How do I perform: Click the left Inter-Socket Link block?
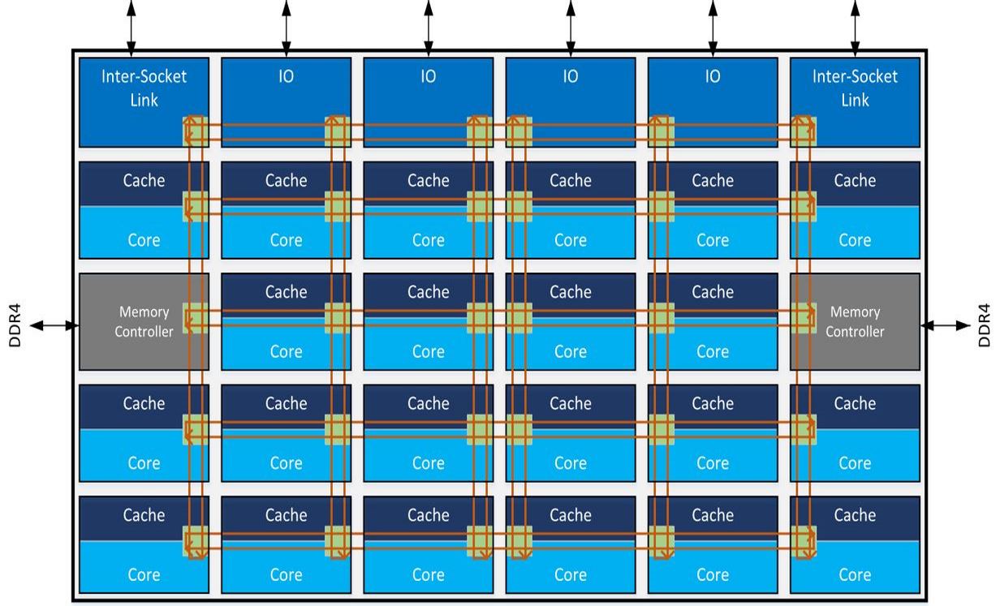pos(144,88)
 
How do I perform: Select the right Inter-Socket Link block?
pos(855,88)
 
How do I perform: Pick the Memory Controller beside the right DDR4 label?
pos(855,321)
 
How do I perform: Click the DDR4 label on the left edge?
pos(15,325)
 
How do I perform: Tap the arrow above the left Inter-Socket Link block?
pos(131,24)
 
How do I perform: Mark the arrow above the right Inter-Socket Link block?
pos(855,24)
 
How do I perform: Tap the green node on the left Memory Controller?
pos(196,318)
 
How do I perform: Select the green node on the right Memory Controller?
pos(804,318)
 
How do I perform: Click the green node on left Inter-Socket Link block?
pos(196,131)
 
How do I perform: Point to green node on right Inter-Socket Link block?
pos(804,131)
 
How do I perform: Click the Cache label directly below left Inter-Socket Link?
pos(144,180)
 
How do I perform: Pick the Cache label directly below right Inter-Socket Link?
pos(855,180)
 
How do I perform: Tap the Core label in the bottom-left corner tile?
pos(144,574)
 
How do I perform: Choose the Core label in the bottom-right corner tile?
pos(855,574)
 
